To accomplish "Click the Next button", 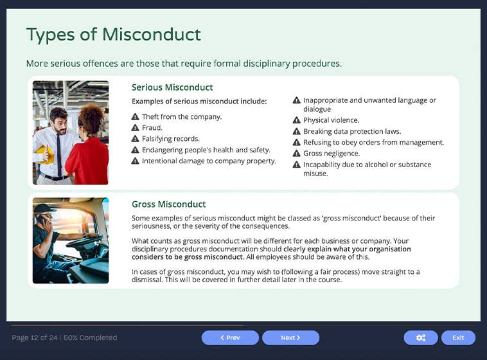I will [290, 337].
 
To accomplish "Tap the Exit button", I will [458, 337].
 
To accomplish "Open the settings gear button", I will [421, 337].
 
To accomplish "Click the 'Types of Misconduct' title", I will [114, 34].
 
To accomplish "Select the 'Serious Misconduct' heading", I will [172, 87].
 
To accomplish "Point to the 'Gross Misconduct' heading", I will [168, 204].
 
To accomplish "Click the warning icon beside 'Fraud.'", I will [136, 128].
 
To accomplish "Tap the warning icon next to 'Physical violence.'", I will [296, 120].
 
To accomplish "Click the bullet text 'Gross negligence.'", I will [332, 154].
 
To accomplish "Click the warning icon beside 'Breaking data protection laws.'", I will [296, 131].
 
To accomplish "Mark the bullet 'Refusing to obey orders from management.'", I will [373, 143].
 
